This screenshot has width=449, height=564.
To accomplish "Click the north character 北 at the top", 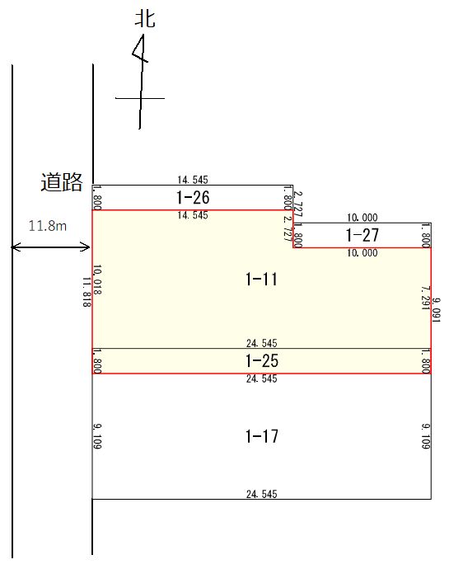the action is [x=145, y=19].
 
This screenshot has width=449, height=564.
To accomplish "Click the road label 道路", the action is [x=62, y=181].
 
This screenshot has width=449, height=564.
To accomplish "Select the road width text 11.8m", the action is [x=48, y=226].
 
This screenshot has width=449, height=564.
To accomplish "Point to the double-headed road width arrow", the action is [x=50, y=247].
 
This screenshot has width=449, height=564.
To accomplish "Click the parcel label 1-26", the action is [x=193, y=197].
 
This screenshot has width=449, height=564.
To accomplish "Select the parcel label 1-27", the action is [x=362, y=235].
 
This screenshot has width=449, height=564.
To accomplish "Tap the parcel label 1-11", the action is [x=261, y=280].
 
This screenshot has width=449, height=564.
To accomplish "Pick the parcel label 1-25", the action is [x=262, y=361].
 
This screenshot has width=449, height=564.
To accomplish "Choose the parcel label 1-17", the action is [x=262, y=436].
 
